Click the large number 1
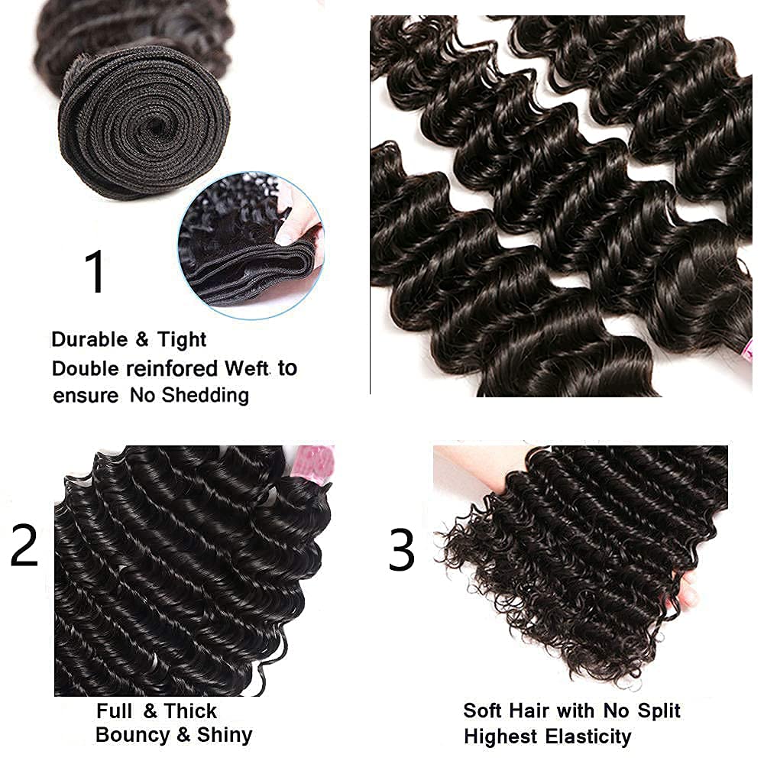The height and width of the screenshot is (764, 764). [x=95, y=273]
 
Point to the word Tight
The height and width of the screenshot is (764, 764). [x=182, y=339]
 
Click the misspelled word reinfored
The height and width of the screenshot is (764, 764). [x=170, y=368]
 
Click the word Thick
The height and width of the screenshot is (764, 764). [x=190, y=711]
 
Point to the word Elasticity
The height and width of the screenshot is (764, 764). [x=588, y=736]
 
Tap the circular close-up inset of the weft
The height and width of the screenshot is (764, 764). [x=251, y=239]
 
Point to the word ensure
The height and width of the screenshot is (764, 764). [x=86, y=396]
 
